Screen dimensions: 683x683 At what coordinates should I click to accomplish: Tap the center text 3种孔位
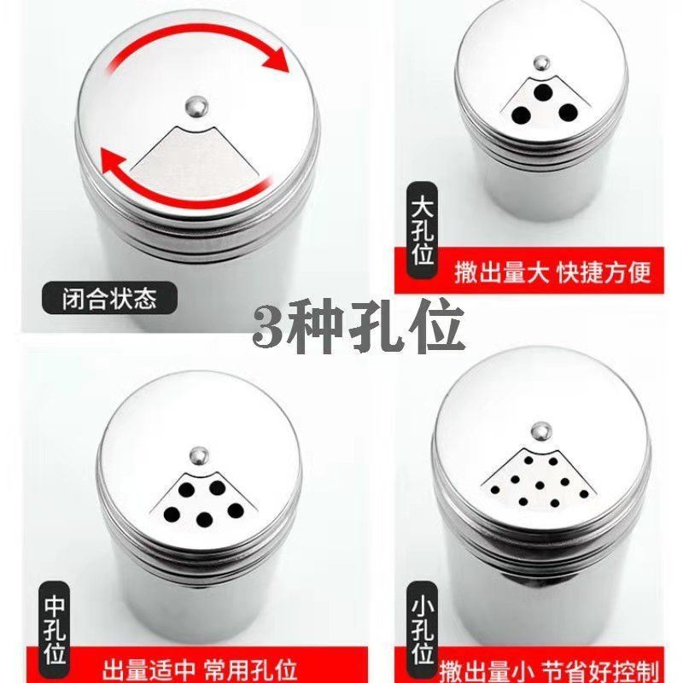(359, 326)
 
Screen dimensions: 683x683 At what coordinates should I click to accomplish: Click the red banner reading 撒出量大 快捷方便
(551, 272)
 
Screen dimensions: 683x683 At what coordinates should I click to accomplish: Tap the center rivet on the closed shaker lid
(196, 106)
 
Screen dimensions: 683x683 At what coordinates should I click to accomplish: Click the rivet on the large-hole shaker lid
(540, 62)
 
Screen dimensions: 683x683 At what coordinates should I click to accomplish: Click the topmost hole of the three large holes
(542, 91)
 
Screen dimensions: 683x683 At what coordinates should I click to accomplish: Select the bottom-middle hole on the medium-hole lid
(205, 519)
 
